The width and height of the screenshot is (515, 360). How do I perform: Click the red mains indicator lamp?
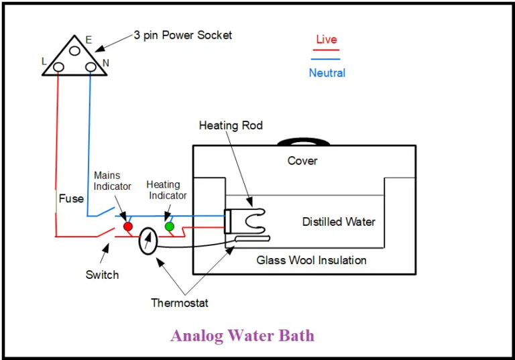tap(128, 227)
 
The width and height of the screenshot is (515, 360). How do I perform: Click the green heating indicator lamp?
tap(170, 227)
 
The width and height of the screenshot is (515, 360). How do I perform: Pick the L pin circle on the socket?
tap(58, 66)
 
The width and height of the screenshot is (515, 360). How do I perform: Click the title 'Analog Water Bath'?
tap(242, 335)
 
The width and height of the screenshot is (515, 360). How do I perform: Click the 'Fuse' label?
tap(71, 198)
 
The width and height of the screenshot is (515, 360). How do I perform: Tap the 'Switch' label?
tap(102, 275)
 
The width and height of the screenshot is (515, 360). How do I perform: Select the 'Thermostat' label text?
tap(179, 303)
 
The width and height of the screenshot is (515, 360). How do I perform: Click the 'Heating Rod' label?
tap(231, 125)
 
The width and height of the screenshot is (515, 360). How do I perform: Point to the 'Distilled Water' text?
tap(339, 222)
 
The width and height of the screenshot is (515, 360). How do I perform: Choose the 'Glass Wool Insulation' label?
tap(311, 260)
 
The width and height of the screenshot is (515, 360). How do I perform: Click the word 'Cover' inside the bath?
tap(302, 161)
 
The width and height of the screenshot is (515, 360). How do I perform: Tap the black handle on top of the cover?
tap(303, 141)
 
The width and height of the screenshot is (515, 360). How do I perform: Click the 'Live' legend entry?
tap(327, 40)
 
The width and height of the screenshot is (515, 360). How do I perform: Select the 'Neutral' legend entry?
tap(327, 72)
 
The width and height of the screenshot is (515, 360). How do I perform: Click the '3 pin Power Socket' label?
tap(182, 35)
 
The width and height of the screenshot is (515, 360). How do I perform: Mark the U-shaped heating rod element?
tap(253, 218)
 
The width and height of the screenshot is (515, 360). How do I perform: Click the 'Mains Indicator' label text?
tap(112, 181)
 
